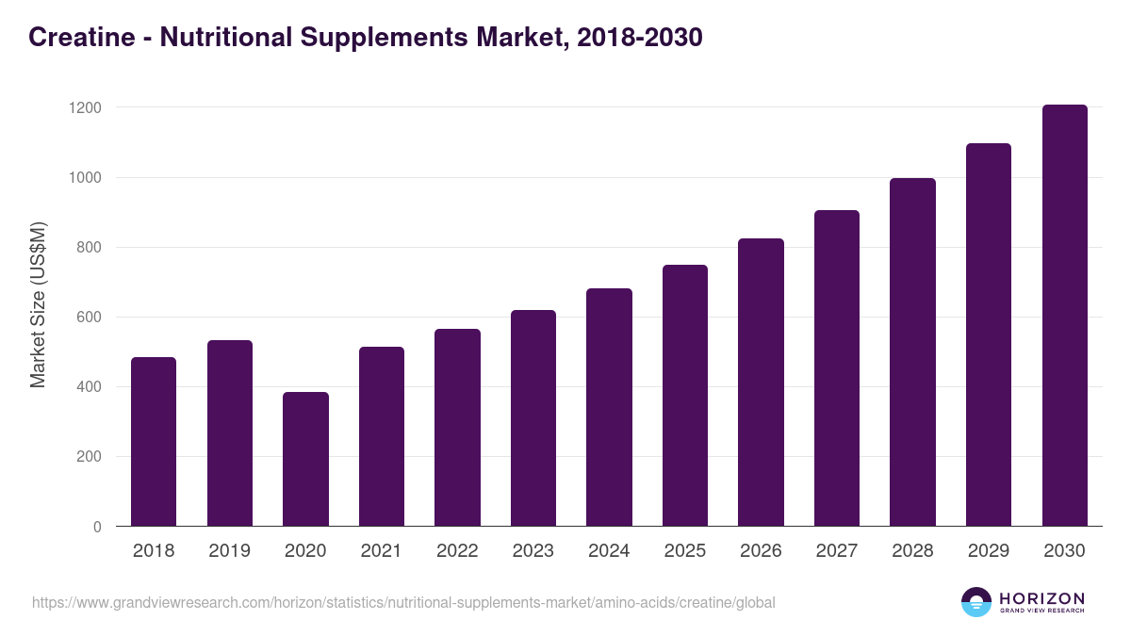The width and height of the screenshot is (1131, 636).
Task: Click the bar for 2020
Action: (305, 459)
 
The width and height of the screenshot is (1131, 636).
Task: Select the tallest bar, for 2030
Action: (1064, 316)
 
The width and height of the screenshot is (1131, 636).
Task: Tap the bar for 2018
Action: (154, 442)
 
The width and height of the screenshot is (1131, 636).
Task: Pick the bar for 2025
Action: (685, 396)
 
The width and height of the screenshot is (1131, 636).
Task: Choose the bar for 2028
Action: (912, 352)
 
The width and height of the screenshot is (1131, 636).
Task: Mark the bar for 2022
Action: (457, 428)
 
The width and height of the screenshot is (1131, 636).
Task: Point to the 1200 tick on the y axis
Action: (85, 107)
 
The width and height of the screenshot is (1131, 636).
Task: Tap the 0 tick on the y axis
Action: (97, 527)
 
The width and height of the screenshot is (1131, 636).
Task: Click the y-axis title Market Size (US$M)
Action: (38, 304)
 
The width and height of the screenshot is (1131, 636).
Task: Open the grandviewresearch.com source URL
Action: (403, 602)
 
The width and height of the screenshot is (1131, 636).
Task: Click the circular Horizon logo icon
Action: (976, 602)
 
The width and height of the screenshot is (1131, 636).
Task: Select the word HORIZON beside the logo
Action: (1041, 597)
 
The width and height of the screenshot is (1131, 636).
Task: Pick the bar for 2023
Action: (533, 418)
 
